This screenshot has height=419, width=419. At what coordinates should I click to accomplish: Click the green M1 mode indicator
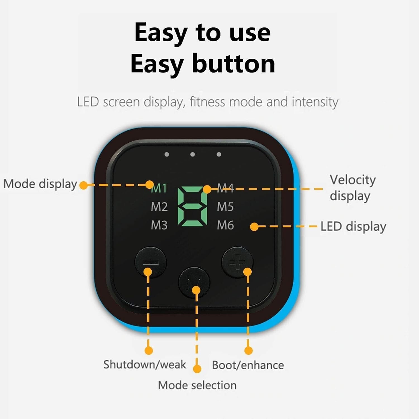[x=159, y=188]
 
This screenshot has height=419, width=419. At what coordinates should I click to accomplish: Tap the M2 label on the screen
[x=159, y=207]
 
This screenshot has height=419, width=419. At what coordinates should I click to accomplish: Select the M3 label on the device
[x=159, y=225]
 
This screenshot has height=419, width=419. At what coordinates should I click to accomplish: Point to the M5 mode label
[x=225, y=207]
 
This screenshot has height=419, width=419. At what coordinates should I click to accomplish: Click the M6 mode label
[x=225, y=225]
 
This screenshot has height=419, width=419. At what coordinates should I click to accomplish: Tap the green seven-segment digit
[x=192, y=206]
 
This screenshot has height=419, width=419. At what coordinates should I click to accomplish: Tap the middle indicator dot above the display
[x=192, y=154]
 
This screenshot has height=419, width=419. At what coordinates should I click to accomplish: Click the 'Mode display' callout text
[x=40, y=184]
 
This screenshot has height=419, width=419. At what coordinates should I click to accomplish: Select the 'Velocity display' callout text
[x=353, y=188]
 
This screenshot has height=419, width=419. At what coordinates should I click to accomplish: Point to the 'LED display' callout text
[x=353, y=227]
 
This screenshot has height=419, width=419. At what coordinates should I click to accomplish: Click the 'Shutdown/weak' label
[x=144, y=365]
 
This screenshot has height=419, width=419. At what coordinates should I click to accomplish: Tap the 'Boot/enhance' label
[x=248, y=365]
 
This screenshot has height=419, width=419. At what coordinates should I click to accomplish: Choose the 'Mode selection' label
[x=197, y=385]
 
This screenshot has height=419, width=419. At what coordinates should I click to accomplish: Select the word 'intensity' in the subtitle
[x=315, y=102]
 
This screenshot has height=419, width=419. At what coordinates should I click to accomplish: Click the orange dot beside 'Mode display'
[x=83, y=185]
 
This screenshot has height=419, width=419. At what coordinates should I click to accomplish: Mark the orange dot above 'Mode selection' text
[x=197, y=369]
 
